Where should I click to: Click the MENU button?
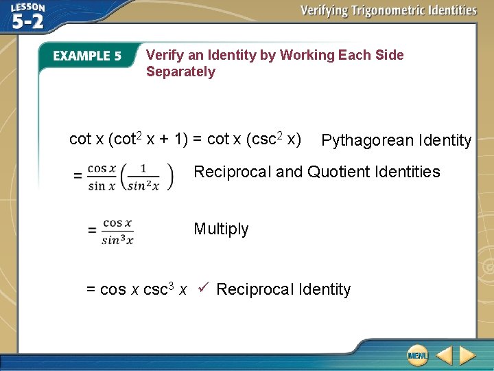(416, 355)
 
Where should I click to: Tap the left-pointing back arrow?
(444, 355)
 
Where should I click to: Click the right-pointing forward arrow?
(467, 355)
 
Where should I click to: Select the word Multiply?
(221, 229)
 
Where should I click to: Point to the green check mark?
(203, 288)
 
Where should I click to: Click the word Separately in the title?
(180, 71)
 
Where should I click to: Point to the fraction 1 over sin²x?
(143, 177)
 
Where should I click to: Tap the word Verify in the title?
(165, 55)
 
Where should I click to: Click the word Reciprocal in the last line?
(249, 289)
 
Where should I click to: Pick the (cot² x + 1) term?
(148, 139)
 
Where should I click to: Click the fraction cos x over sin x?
(102, 177)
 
